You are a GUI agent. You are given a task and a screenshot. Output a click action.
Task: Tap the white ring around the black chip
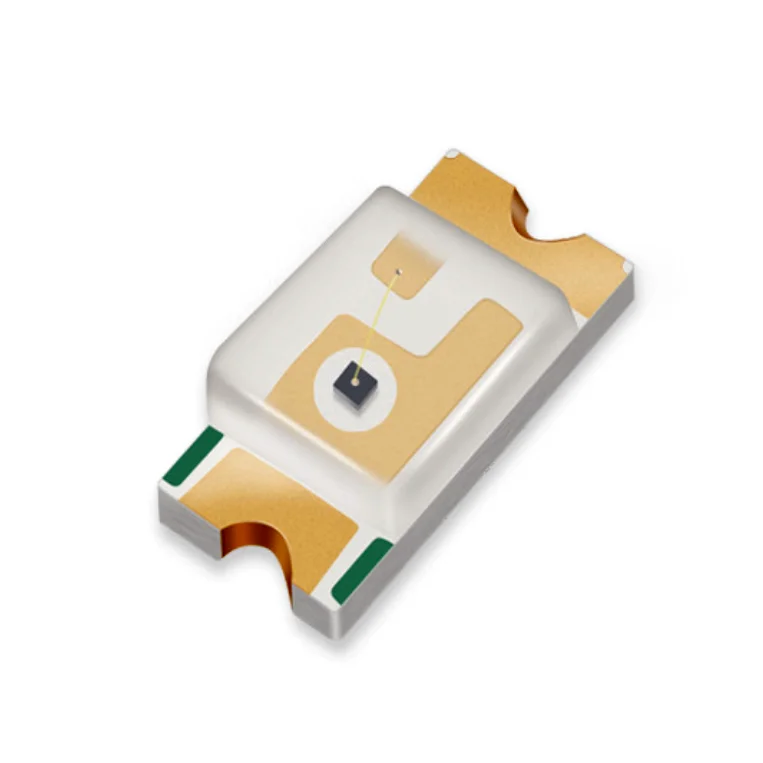point(336,395)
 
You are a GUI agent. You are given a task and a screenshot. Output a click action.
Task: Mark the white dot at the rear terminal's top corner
point(453,154)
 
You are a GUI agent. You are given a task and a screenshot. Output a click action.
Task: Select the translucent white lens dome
point(300,330)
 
